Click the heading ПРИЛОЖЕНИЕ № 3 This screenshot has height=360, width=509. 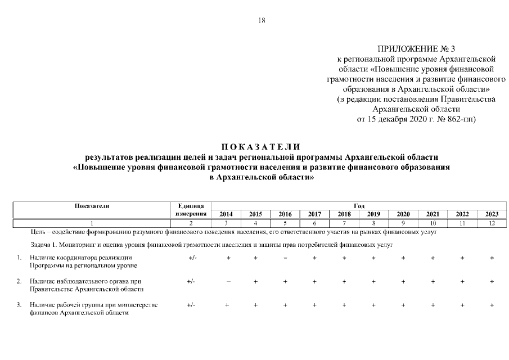pyautogui.click(x=416, y=48)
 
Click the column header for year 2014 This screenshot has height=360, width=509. pyautogui.click(x=226, y=214)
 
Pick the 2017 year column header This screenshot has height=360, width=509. pyautogui.click(x=314, y=214)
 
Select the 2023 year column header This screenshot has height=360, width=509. pyautogui.click(x=492, y=214)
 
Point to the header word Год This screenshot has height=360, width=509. pyautogui.click(x=358, y=206)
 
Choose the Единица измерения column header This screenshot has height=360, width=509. pyautogui.click(x=191, y=210)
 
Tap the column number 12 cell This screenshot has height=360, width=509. pyautogui.click(x=492, y=223)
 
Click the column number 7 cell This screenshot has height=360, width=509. pyautogui.click(x=344, y=223)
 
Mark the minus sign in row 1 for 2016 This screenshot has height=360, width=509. pyautogui.click(x=285, y=258)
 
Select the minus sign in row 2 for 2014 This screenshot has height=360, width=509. pyautogui.click(x=227, y=281)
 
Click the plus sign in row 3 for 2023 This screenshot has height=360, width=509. pyautogui.click(x=492, y=305)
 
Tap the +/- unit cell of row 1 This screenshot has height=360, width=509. pyautogui.click(x=191, y=258)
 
